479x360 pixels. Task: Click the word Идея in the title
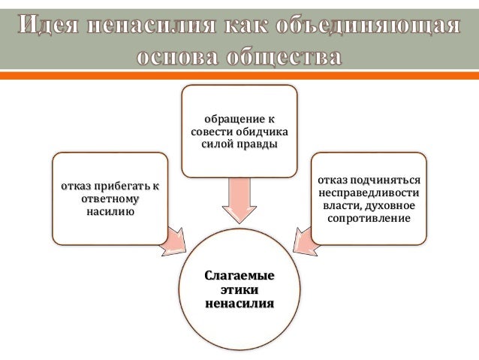[48, 26]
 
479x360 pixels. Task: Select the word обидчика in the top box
[262, 131]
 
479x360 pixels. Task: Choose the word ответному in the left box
[110, 199]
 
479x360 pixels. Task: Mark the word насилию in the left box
[110, 212]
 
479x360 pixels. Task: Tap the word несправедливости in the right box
[368, 193]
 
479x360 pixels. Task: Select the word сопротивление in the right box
[369, 219]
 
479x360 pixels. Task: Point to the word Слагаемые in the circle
[239, 276]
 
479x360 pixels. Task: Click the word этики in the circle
[239, 289]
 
